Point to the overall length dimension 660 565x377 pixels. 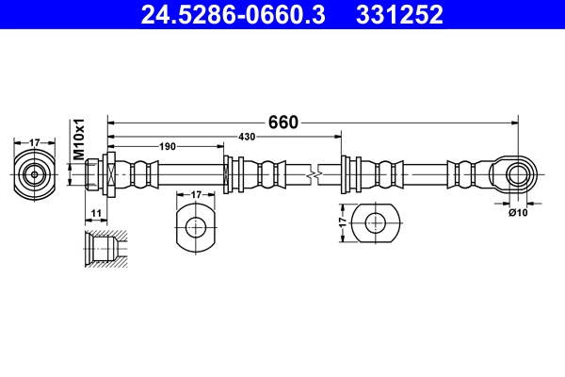(x=282, y=123)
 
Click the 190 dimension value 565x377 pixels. (x=167, y=147)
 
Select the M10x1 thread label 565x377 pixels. (x=80, y=139)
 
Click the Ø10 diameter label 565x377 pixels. (x=517, y=213)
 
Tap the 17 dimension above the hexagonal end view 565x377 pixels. (x=35, y=142)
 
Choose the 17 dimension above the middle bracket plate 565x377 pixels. (x=196, y=195)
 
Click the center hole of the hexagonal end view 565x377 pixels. (x=35, y=174)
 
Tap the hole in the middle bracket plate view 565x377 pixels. (x=196, y=226)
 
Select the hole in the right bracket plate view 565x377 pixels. (x=375, y=223)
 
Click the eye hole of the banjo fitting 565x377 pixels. (x=516, y=174)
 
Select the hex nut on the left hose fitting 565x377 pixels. (x=109, y=174)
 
